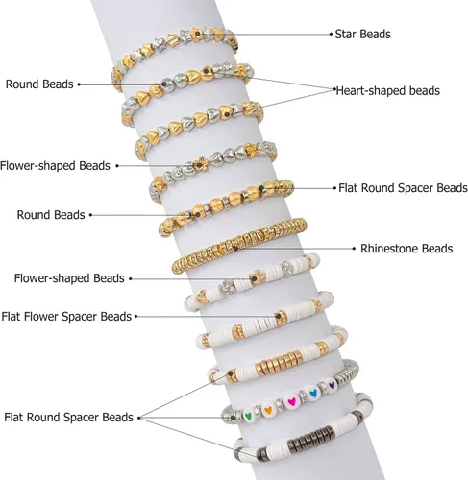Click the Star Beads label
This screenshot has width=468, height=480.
point(362,34)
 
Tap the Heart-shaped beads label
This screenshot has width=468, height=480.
point(388,91)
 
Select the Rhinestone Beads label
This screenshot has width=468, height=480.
point(406,249)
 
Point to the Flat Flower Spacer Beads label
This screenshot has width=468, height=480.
point(66,317)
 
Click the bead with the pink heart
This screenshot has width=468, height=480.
point(291,401)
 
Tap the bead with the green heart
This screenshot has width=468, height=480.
point(248,416)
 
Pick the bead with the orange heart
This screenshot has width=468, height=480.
point(268,410)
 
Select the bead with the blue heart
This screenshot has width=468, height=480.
point(313,393)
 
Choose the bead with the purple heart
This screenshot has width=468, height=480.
point(332,385)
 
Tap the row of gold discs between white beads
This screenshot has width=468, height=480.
point(280,363)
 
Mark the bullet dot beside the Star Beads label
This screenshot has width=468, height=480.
point(331,34)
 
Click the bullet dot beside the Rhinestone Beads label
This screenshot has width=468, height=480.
point(354,249)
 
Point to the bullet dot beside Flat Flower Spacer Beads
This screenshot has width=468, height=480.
point(135,317)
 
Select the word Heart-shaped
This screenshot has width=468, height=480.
point(367,91)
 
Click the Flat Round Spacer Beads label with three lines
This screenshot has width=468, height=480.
point(68,418)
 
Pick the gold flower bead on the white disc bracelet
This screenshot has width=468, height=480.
point(257,278)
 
